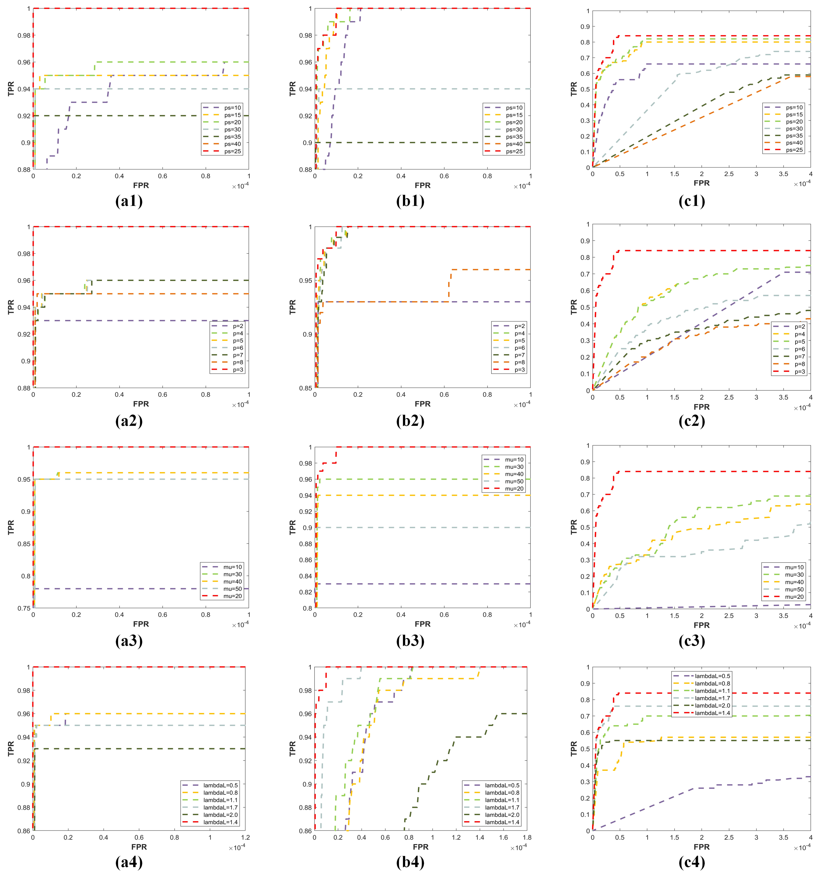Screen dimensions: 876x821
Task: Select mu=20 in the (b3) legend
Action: (514, 489)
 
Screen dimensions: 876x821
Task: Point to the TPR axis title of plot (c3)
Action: (574, 527)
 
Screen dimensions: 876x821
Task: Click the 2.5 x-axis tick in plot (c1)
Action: (729, 174)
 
